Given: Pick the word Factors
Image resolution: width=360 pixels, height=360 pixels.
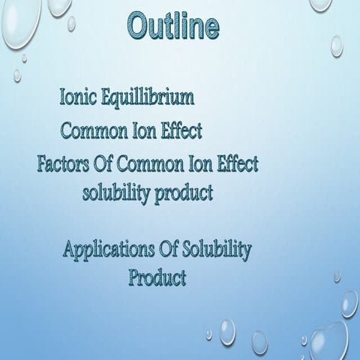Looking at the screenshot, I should coord(64,163).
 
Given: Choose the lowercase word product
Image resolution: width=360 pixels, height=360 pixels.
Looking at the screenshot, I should coord(183,194).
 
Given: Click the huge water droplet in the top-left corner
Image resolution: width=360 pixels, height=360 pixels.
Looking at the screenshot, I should coord(15,26).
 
